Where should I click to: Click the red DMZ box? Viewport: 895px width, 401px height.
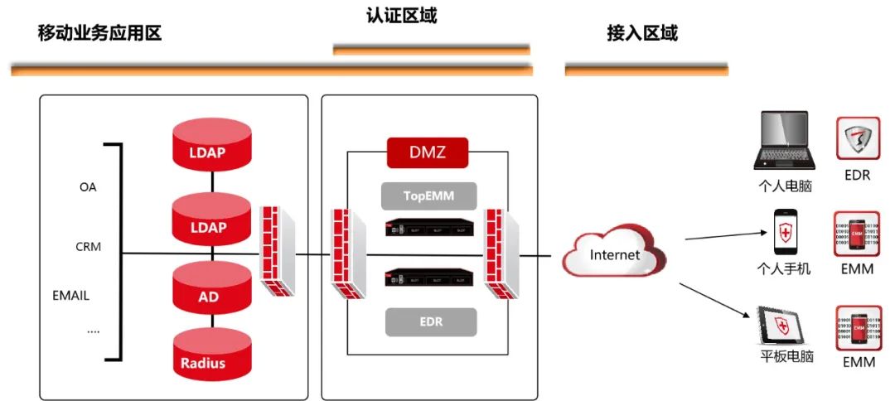tap(428, 152)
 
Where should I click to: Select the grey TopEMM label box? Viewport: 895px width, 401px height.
tap(428, 196)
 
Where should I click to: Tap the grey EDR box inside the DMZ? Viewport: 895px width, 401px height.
tap(431, 321)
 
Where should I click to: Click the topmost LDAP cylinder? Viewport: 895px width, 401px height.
tap(210, 146)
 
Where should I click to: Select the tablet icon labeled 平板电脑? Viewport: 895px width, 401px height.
tap(779, 326)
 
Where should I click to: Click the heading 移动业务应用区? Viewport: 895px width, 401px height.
tap(99, 34)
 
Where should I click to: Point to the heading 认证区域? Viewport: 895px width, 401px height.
tap(401, 16)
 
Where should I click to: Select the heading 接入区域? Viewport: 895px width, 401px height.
tap(642, 34)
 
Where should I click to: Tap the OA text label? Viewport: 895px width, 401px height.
tap(88, 187)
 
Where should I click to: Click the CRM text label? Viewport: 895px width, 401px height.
tap(88, 247)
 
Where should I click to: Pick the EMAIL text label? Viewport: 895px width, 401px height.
tap(71, 295)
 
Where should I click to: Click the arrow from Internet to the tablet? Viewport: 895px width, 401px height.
tap(713, 302)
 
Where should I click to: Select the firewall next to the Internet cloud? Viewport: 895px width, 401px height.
tap(501, 254)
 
